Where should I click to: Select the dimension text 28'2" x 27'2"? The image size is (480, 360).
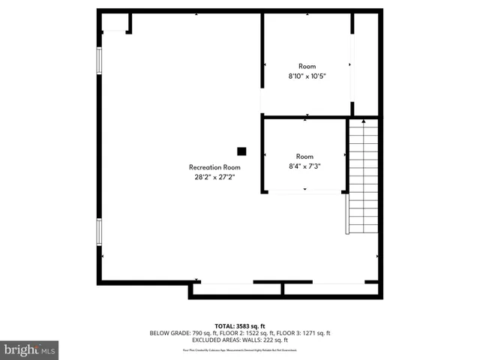[214, 178]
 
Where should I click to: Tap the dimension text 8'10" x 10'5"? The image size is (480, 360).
[307, 76]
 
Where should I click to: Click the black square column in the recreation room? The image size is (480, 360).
[241, 150]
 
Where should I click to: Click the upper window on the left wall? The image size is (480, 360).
[98, 61]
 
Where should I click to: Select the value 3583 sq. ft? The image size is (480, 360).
[250, 325]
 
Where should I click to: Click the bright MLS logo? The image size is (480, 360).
[29, 349]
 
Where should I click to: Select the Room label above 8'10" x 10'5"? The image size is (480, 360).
[307, 66]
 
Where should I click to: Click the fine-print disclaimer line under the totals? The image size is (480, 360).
[240, 349]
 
